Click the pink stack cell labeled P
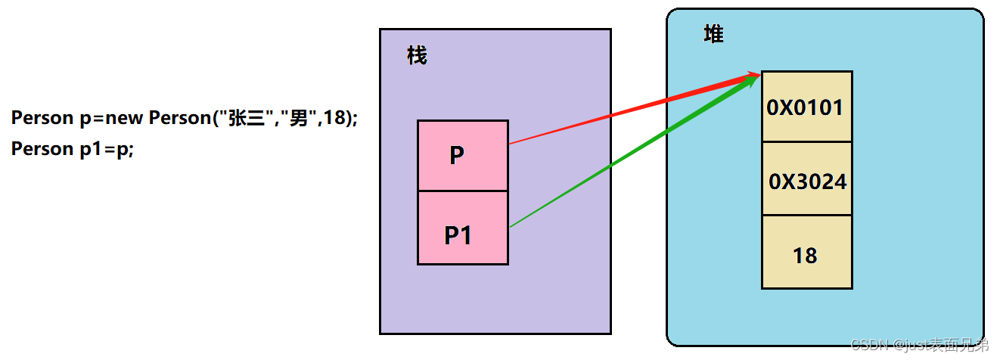tap(462, 156)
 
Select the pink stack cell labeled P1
tap(462, 228)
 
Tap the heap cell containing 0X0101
tap(806, 107)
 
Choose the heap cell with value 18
tap(806, 252)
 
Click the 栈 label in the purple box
tap(417, 55)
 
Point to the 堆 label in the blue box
tap(713, 35)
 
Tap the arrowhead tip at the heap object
tap(757, 74)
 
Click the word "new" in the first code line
tap(126, 118)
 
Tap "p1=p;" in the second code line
tap(107, 149)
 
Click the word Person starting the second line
tap(41, 149)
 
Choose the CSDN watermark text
tap(920, 346)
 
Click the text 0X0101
tap(805, 107)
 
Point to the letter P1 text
tap(458, 236)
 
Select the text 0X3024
tap(807, 182)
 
